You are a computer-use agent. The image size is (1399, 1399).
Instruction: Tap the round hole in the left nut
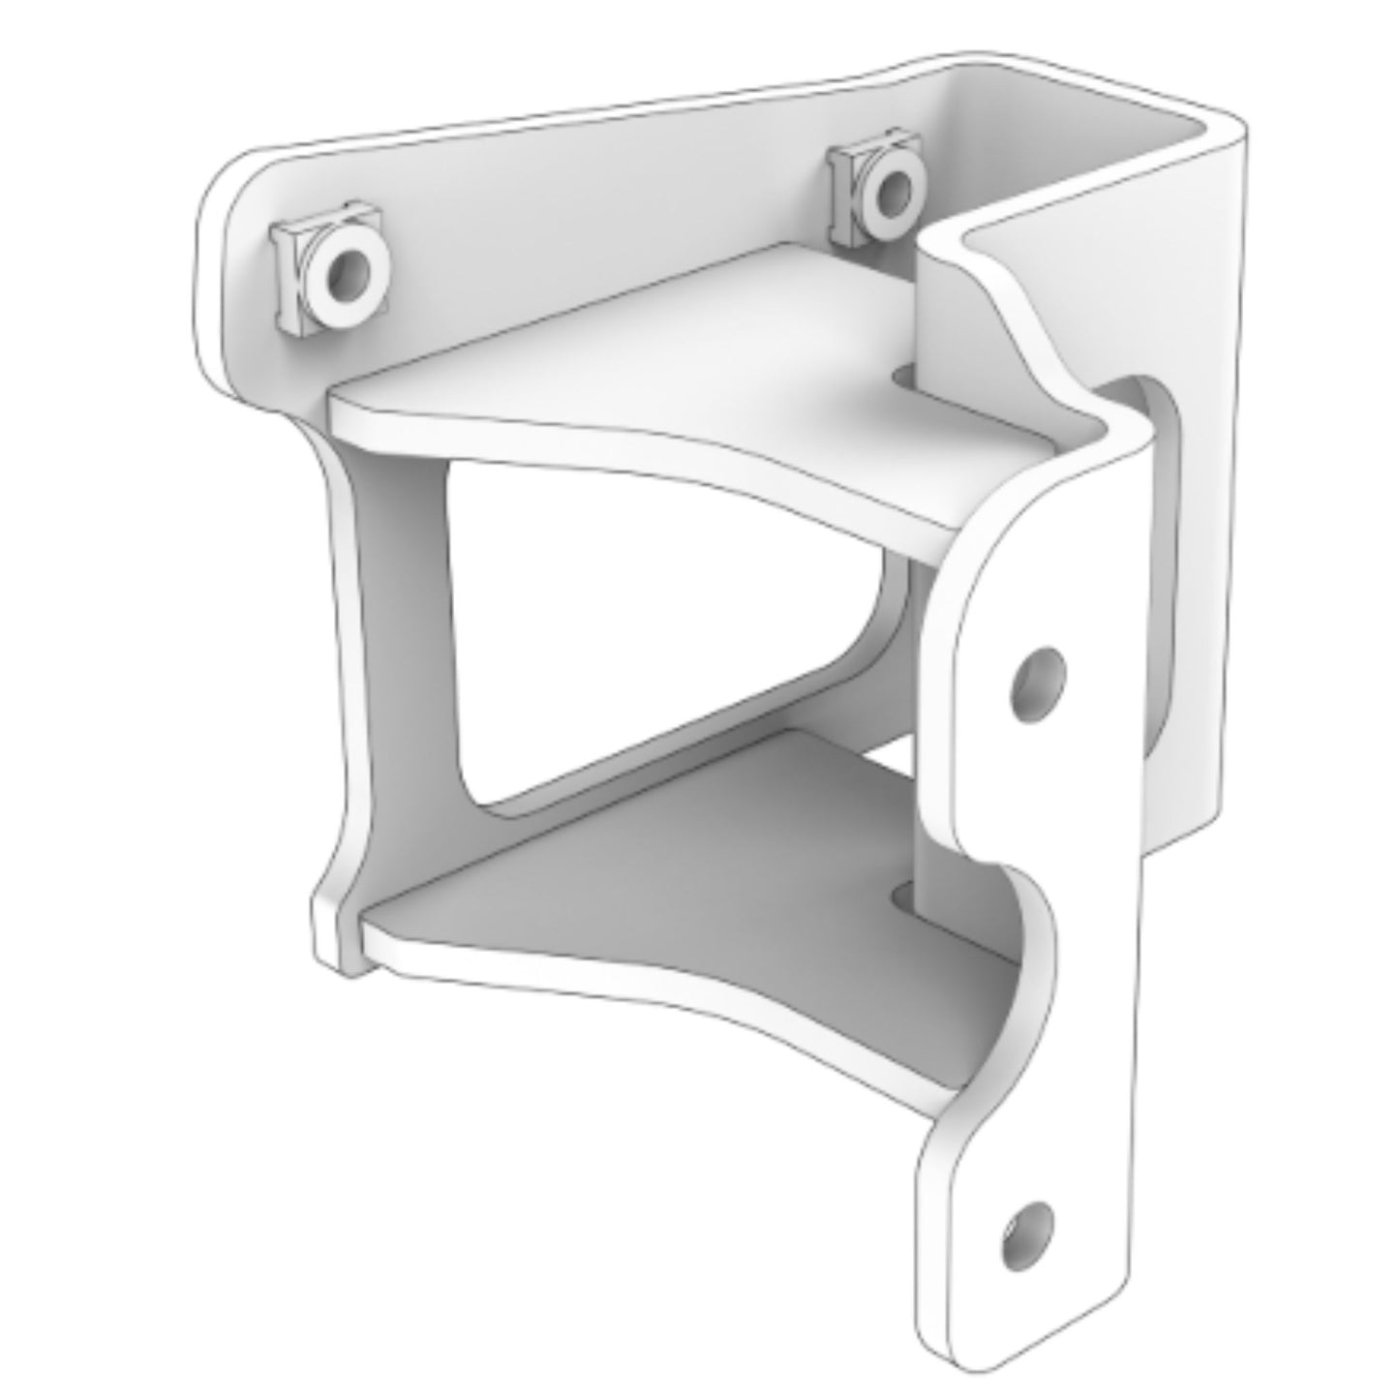(346, 275)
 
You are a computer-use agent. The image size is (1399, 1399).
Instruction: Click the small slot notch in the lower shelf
(902, 896)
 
